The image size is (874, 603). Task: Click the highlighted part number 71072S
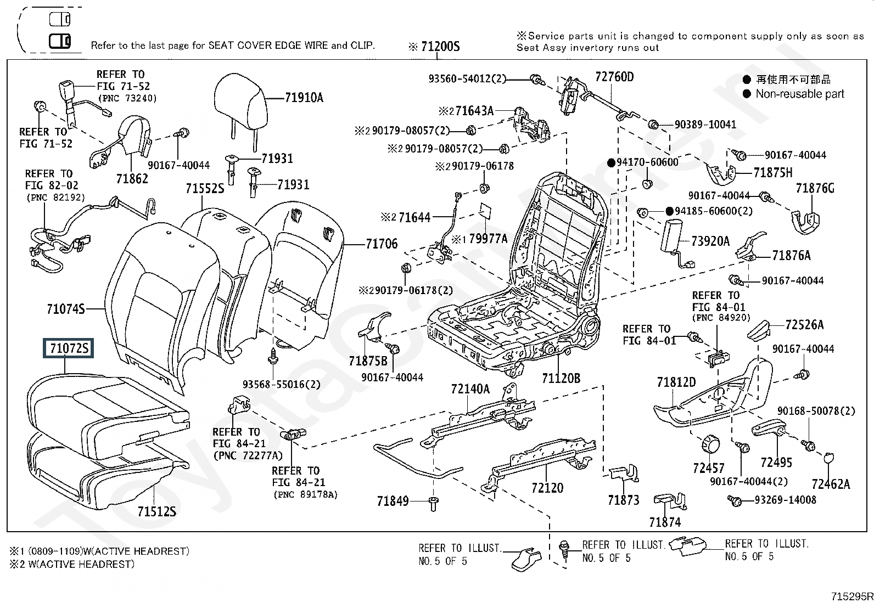coord(69,348)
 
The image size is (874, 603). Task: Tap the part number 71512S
coord(156,511)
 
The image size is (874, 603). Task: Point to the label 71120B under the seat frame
coord(561,378)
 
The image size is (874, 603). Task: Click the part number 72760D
coord(614,77)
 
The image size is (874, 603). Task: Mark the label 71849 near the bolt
coord(393,500)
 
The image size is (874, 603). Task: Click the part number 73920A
coord(710,241)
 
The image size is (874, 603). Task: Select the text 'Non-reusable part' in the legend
coord(799,94)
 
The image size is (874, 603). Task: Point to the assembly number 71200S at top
coord(440,47)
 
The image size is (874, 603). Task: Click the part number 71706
coord(382,244)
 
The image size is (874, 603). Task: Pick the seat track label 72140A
coord(470,389)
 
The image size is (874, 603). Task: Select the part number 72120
coord(547,488)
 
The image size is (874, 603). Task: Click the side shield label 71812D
coord(676,382)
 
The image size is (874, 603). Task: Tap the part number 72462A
coord(831,484)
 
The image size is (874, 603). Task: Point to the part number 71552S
coord(205,189)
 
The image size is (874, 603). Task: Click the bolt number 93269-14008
coord(785,500)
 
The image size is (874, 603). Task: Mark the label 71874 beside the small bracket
coord(664,522)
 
